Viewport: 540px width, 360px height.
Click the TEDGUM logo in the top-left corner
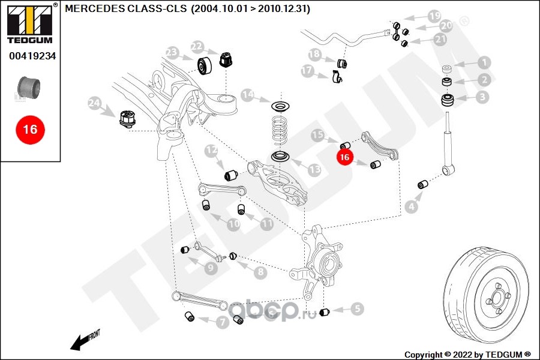30,23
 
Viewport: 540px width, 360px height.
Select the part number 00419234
32,56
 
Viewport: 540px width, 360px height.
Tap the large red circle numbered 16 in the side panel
30,130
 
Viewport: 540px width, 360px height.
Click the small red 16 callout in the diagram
345,157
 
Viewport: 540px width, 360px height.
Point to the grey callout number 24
94,103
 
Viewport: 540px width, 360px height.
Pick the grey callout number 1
484,62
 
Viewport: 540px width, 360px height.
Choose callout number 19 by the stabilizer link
434,16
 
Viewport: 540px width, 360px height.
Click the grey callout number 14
248,95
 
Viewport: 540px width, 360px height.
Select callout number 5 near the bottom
357,308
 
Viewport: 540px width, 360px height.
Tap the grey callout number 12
211,150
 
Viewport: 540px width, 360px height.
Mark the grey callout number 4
411,207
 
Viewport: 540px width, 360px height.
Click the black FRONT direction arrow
85,340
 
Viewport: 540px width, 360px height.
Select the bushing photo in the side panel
29,88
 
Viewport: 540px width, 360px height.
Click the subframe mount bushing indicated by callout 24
128,119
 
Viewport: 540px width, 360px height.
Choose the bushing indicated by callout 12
231,175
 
